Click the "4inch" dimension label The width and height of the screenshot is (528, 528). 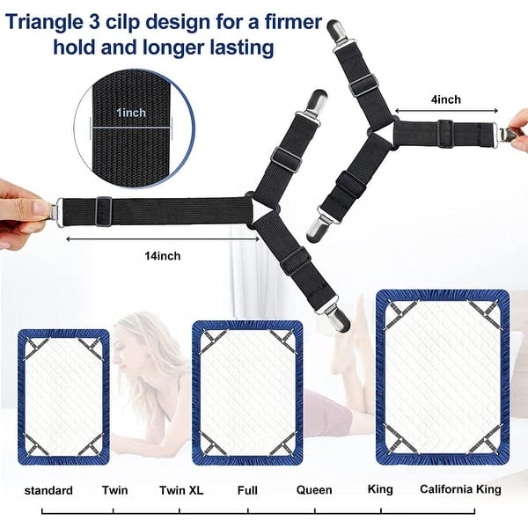[x=445, y=99]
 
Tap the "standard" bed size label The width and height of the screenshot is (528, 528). [x=48, y=490]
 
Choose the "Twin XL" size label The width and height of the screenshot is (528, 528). [x=181, y=490]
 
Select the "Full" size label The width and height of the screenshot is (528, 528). [x=247, y=490]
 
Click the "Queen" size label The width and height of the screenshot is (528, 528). [x=314, y=490]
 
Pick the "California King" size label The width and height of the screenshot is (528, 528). [x=460, y=490]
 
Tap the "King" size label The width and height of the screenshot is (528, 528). [x=380, y=490]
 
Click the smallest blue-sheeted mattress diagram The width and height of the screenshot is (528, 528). [x=63, y=396]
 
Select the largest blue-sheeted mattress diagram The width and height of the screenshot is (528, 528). [x=443, y=376]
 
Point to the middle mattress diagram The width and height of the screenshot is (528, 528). [x=247, y=392]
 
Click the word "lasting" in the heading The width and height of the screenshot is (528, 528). [x=238, y=47]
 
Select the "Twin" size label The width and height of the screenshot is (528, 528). [x=114, y=490]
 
